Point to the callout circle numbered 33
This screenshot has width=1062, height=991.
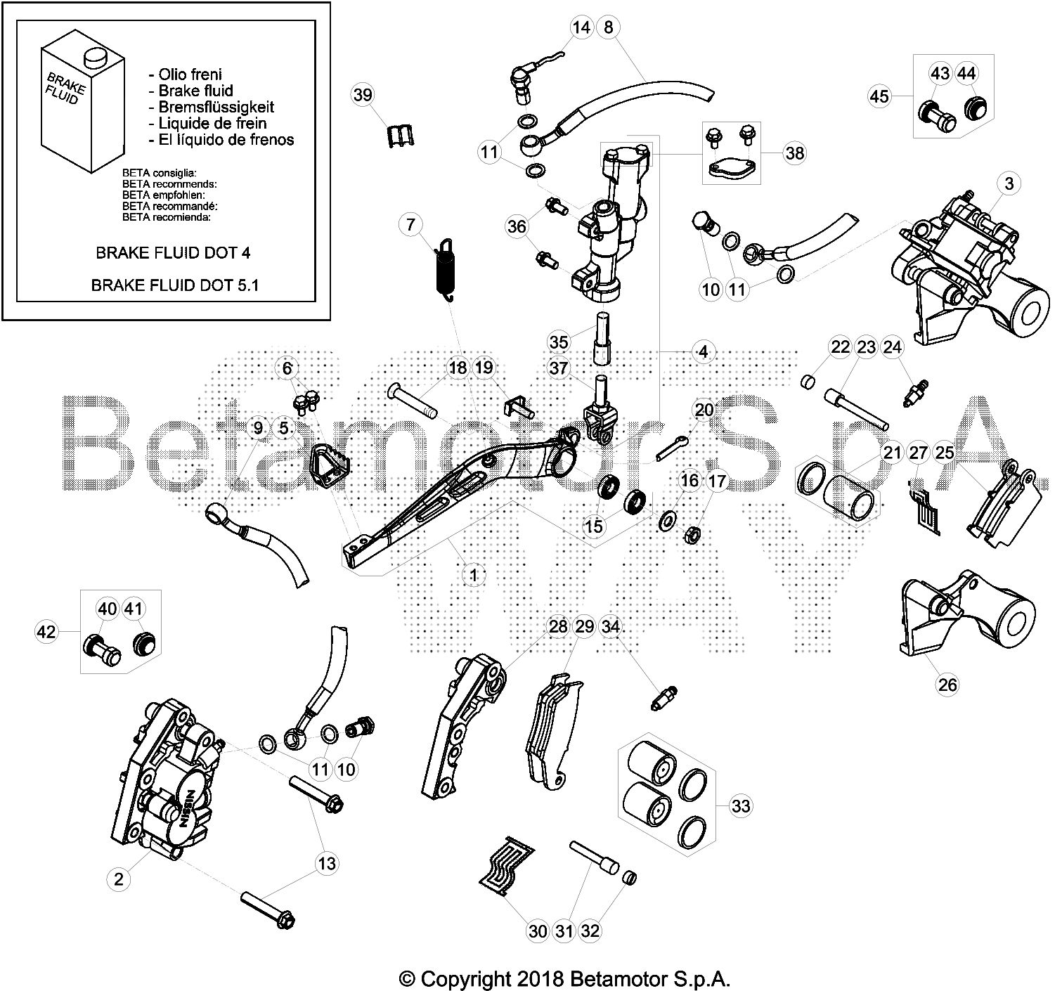coord(741,805)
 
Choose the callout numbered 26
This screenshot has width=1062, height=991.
coord(947,684)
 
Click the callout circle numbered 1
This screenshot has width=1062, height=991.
coord(474,575)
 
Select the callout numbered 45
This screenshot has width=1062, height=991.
coord(879,95)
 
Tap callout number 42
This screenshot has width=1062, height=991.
coord(46,632)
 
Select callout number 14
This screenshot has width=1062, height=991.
coord(581,27)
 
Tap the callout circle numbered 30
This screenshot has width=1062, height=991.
coord(537,931)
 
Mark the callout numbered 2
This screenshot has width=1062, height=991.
coord(119,879)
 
